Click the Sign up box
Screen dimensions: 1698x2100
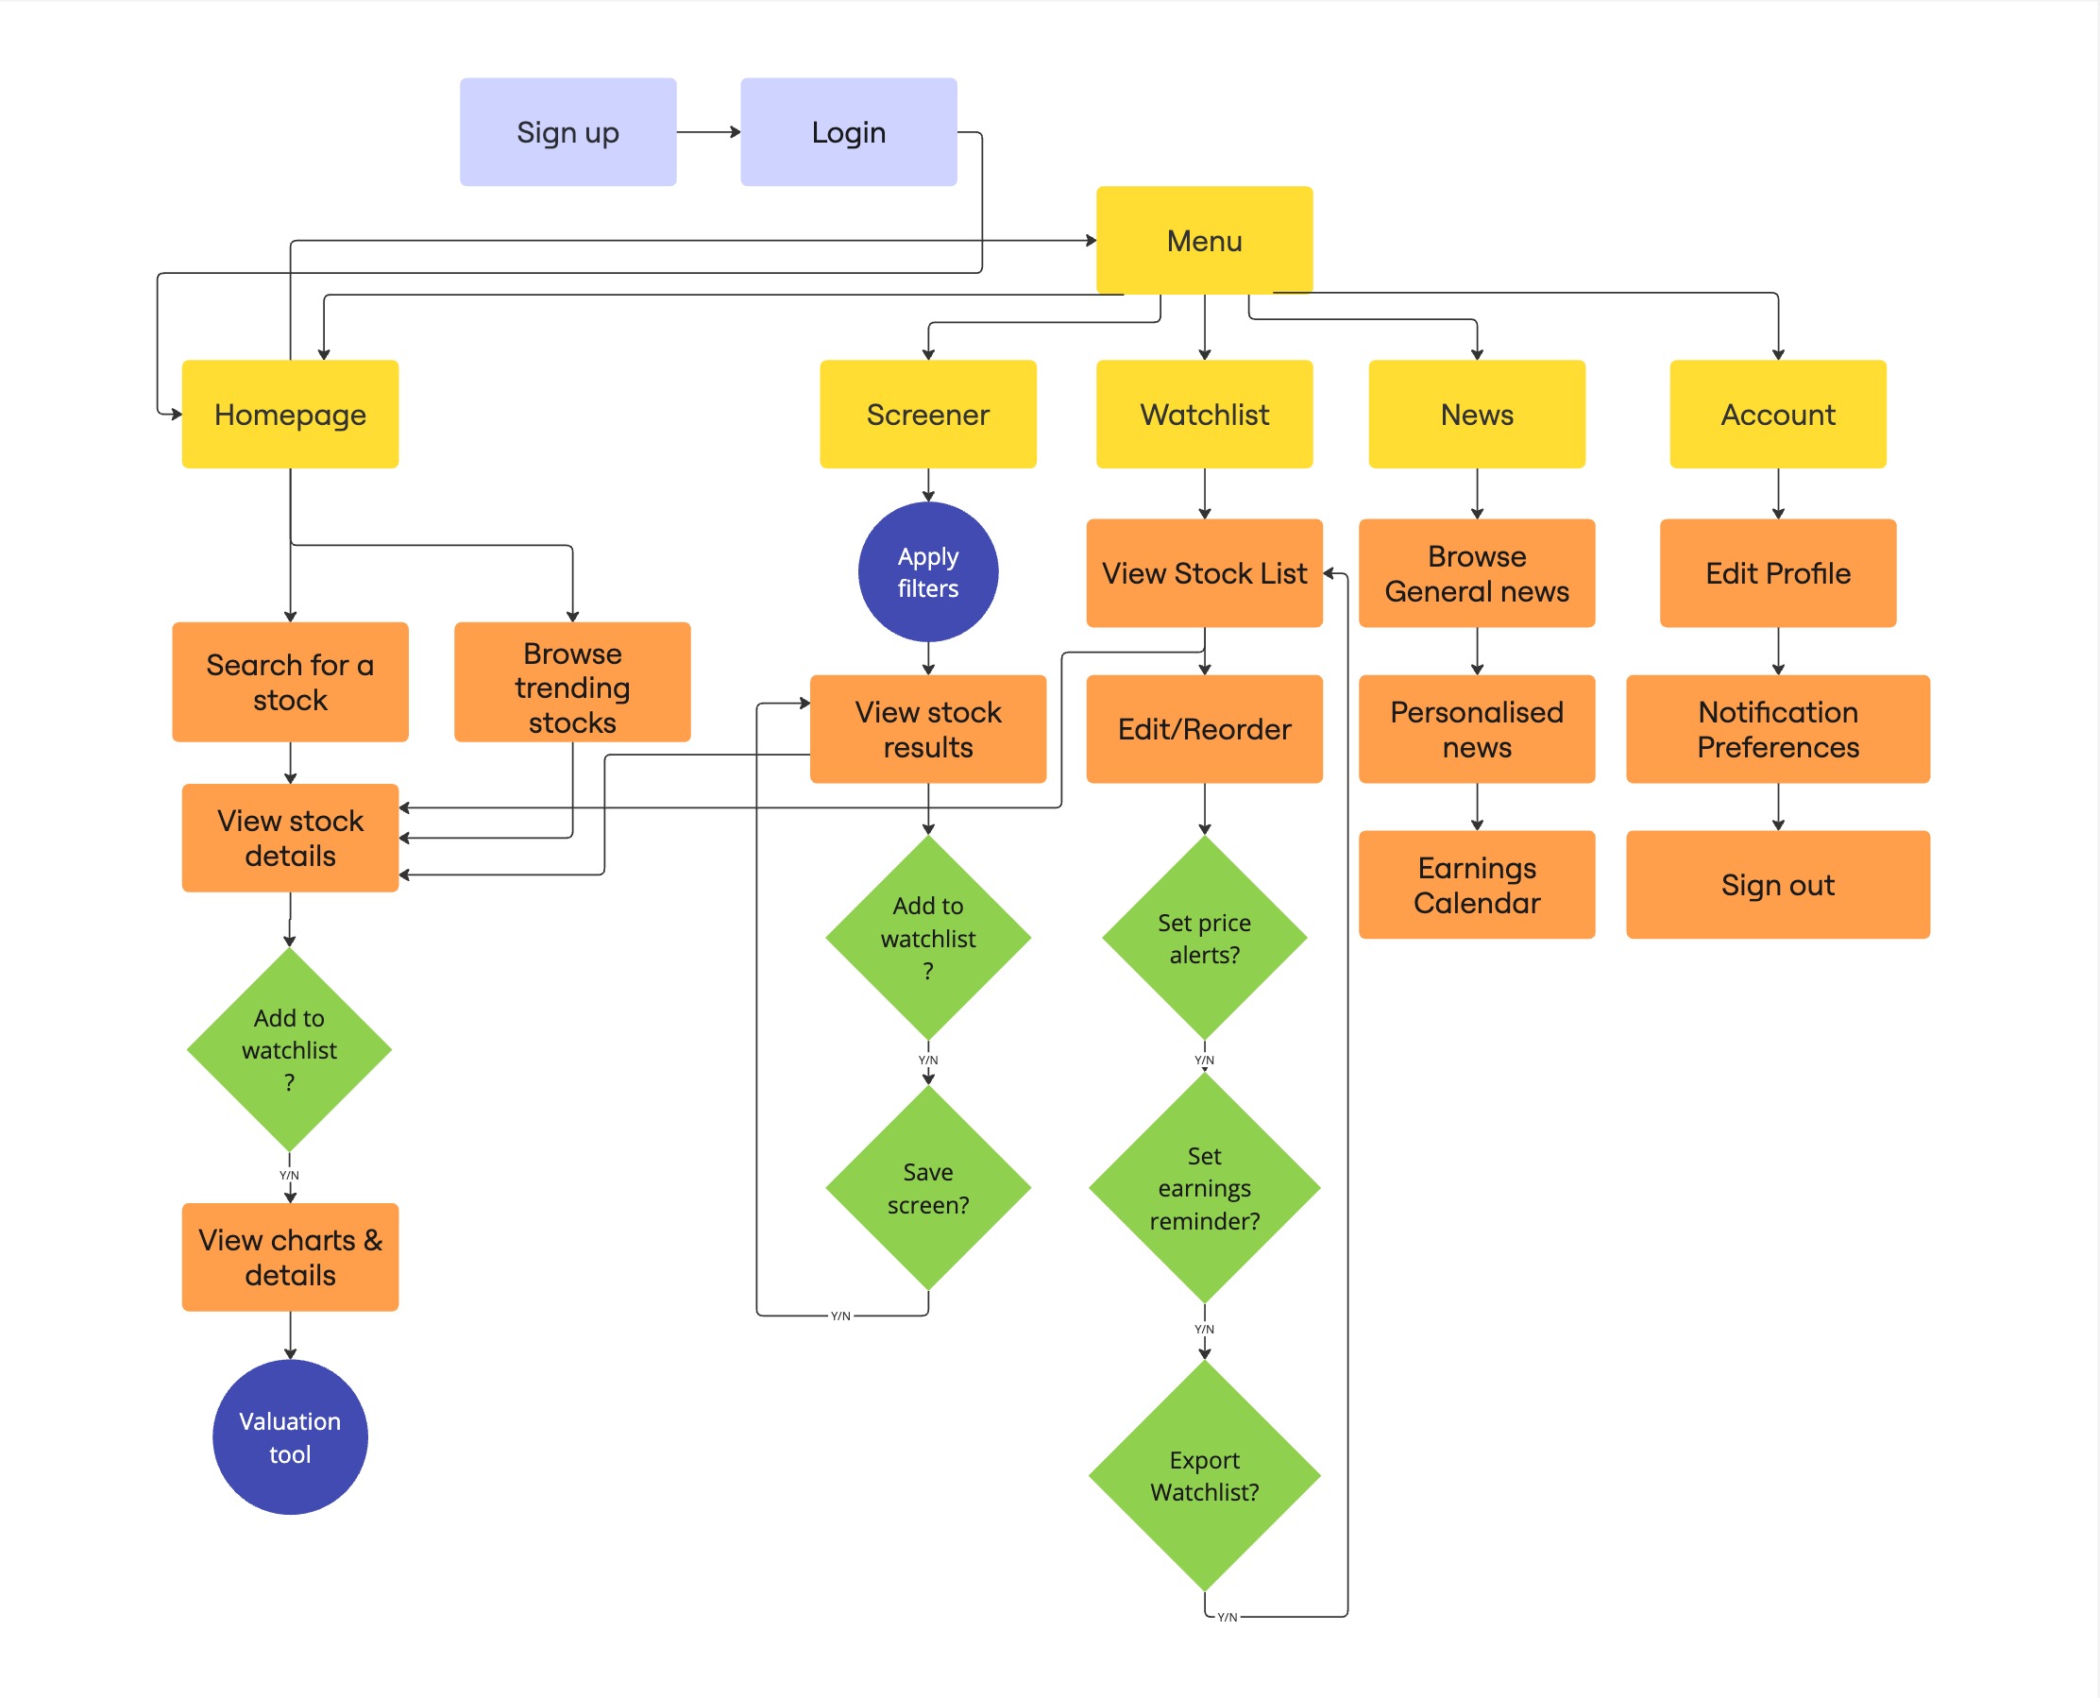pyautogui.click(x=567, y=132)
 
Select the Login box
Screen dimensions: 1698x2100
pyautogui.click(x=848, y=132)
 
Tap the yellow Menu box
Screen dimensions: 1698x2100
pyautogui.click(x=1204, y=241)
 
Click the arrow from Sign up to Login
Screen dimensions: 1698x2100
pyautogui.click(x=708, y=132)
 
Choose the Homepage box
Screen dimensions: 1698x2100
pyautogui.click(x=290, y=415)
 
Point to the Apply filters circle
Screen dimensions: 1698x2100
pyautogui.click(x=927, y=572)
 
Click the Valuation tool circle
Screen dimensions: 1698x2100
pyautogui.click(x=290, y=1436)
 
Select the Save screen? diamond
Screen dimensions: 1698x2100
pyautogui.click(x=927, y=1187)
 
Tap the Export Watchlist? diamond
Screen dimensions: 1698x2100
pyautogui.click(x=1204, y=1475)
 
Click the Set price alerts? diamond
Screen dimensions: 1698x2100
pyautogui.click(x=1204, y=938)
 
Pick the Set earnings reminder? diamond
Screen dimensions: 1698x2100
pyautogui.click(x=1204, y=1187)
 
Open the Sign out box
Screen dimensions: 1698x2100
pyautogui.click(x=1777, y=885)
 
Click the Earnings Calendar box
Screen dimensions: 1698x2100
pyautogui.click(x=1476, y=885)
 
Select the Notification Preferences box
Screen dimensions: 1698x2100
pyautogui.click(x=1777, y=730)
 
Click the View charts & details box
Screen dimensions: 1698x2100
pyautogui.click(x=290, y=1257)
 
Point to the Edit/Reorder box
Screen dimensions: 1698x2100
pyautogui.click(x=1204, y=730)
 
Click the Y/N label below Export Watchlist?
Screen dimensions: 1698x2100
pyautogui.click(x=1227, y=1617)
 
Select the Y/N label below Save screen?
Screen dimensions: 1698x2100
pyautogui.click(x=840, y=1316)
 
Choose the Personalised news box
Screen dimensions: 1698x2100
pyautogui.click(x=1476, y=730)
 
